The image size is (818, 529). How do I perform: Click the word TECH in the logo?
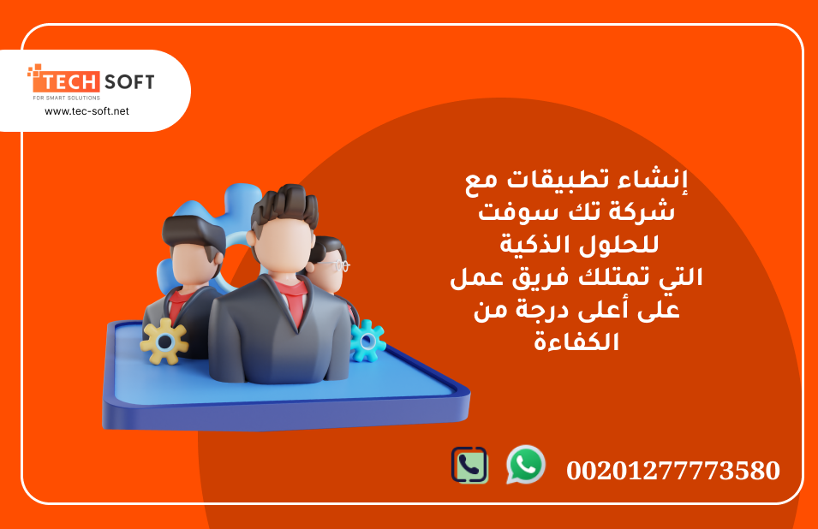70,82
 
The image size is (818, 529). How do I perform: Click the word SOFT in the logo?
129,82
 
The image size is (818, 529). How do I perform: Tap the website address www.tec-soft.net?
87,111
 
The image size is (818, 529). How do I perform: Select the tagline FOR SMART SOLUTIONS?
66,98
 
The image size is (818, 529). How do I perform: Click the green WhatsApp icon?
526,464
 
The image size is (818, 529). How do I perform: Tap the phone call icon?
469,465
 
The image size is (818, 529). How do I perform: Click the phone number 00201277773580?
673,470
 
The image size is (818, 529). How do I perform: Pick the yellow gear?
164,342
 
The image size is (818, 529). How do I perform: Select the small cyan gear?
367,341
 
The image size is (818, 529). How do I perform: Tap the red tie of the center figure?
296,306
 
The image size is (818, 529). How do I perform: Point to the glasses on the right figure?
334,265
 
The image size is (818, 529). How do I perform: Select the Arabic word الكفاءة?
576,342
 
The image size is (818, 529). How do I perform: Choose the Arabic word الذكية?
527,243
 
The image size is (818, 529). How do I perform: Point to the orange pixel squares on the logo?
35,71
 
